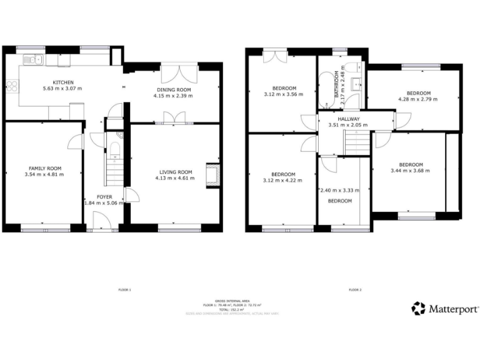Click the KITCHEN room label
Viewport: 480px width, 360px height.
(x=63, y=82)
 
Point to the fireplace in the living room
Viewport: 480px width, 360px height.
(x=214, y=174)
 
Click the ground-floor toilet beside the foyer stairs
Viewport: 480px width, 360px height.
(x=114, y=147)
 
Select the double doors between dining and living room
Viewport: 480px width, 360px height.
(x=173, y=118)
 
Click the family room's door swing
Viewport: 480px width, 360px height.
(x=76, y=142)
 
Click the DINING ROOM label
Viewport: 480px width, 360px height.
(x=173, y=90)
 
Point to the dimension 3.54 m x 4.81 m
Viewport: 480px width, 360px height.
(x=46, y=174)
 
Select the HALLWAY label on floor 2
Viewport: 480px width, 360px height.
(x=348, y=118)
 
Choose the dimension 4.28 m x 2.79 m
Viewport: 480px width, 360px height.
(x=418, y=99)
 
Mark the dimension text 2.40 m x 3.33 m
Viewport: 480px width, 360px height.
(x=340, y=191)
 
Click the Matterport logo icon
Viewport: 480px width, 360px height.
(x=419, y=308)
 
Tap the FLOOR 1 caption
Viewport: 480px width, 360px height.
(x=124, y=290)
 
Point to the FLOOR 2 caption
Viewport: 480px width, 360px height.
(x=355, y=290)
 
